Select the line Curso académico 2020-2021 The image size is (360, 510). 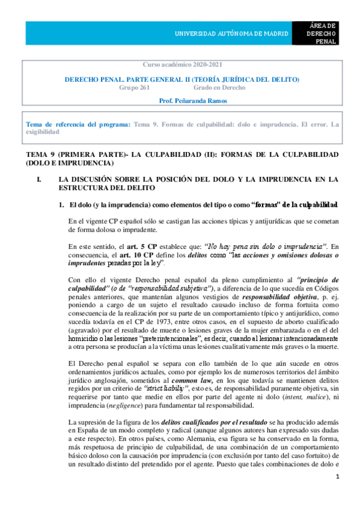click(x=180, y=64)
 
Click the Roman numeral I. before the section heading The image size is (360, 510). click(x=40, y=179)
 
